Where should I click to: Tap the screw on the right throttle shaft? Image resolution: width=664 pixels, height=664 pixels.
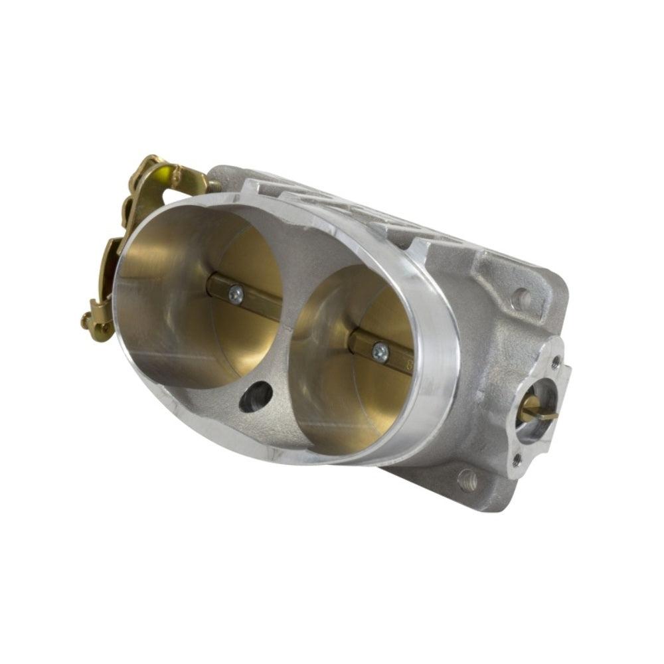click(x=380, y=353)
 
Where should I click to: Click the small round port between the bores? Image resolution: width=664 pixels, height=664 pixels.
click(x=256, y=397)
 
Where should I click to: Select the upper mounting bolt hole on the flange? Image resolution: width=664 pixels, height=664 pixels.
click(x=522, y=299)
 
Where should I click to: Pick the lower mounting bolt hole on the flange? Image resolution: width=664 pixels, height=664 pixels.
click(x=467, y=479)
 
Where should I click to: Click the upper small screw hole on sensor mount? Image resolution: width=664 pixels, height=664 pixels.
click(x=555, y=362)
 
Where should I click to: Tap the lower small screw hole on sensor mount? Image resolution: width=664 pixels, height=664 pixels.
click(x=517, y=458)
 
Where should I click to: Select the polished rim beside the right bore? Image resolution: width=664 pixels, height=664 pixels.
click(x=438, y=372)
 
